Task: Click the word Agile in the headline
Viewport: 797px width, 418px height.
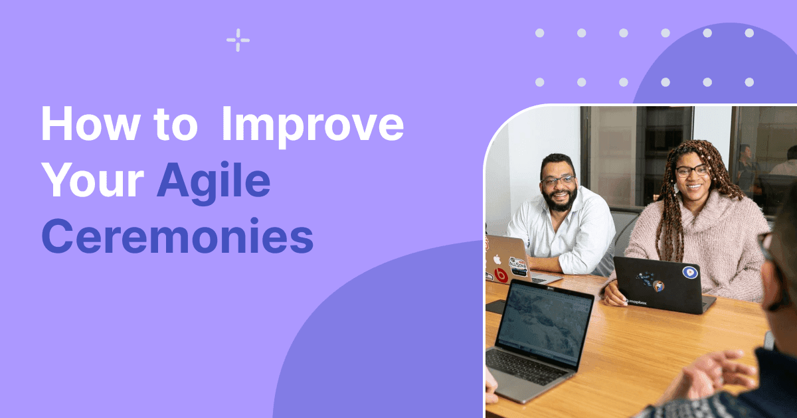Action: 213,182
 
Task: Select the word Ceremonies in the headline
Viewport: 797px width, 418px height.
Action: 177,237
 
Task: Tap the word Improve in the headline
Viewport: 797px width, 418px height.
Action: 312,125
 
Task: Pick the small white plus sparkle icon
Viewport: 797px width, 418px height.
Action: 238,40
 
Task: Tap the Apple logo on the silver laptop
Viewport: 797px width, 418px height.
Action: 497,258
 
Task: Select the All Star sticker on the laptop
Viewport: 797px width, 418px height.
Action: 517,265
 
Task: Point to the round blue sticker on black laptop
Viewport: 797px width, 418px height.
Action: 689,272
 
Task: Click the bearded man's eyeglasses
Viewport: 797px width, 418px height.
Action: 558,180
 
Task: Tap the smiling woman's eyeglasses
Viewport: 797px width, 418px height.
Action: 692,171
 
